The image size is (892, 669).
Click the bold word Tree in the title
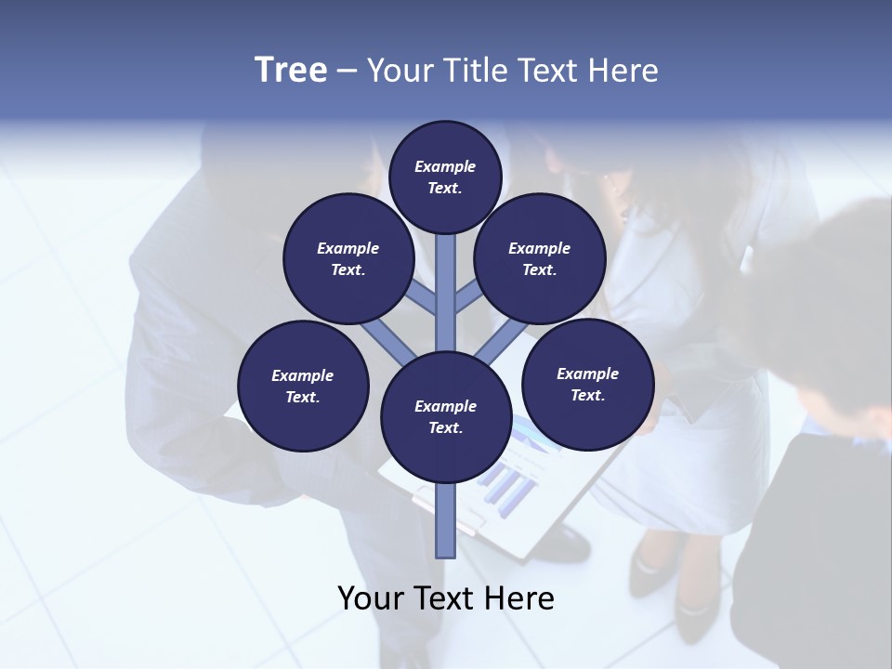[x=291, y=71]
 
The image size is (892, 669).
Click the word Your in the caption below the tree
[x=371, y=598]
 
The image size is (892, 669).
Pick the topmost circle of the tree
[x=445, y=177]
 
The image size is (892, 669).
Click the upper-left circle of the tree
[x=348, y=258]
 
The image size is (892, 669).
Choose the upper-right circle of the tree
[x=540, y=258]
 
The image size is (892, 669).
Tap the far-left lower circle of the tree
[x=303, y=386]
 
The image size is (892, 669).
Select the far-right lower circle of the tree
[x=587, y=384]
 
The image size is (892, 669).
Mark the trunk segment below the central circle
[x=446, y=520]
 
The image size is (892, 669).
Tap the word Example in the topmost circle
[x=445, y=166]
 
